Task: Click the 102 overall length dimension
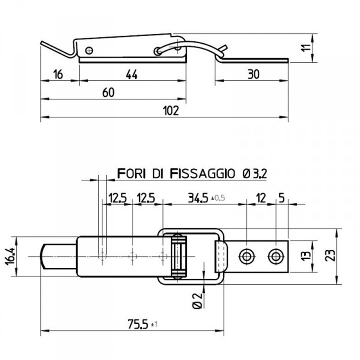coord(171,111)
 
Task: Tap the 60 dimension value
coord(108,92)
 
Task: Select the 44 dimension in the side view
coord(131,75)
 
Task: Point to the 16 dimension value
coord(58,75)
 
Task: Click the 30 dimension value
coord(254,75)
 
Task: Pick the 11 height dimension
coord(307,48)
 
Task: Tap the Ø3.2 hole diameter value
coord(255,174)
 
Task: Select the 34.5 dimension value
coord(198,198)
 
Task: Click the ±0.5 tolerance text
coord(218,198)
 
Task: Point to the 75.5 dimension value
coord(138,324)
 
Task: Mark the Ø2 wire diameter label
coord(197,301)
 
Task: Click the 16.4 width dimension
coord(11,256)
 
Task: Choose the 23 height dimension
coord(330,255)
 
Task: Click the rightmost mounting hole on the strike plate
coord(276,256)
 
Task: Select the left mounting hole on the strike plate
coord(247,256)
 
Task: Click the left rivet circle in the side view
coord(89,50)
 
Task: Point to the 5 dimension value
coord(282,198)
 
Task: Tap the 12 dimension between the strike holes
coord(261,198)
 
